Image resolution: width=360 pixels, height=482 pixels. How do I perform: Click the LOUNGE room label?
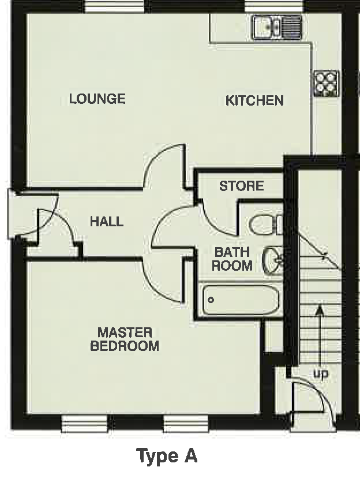click(x=97, y=99)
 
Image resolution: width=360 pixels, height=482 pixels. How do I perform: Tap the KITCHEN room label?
click(x=254, y=100)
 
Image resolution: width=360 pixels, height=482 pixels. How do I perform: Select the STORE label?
click(x=241, y=186)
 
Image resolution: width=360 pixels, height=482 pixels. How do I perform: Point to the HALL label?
click(x=107, y=221)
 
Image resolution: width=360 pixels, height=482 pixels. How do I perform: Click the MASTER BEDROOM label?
click(x=125, y=339)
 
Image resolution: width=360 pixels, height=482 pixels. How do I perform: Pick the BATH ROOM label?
click(x=232, y=259)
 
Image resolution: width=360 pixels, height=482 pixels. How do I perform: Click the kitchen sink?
click(x=277, y=27)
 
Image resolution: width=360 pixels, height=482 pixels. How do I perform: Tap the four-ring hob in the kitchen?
click(x=327, y=83)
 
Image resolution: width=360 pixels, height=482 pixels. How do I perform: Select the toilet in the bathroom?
click(x=267, y=225)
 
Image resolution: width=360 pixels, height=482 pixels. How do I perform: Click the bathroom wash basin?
click(x=273, y=261)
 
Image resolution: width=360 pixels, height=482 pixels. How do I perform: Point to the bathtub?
click(x=241, y=300)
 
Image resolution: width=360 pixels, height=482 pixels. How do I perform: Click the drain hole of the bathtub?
click(x=211, y=300)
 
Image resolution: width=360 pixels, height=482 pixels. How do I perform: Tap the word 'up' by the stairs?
click(x=320, y=374)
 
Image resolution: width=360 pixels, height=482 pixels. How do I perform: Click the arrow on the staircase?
click(x=320, y=334)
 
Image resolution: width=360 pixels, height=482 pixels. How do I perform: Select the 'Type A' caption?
click(x=167, y=456)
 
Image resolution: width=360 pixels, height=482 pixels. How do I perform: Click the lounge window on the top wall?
click(x=115, y=6)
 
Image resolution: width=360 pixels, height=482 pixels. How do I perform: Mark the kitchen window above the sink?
click(x=274, y=6)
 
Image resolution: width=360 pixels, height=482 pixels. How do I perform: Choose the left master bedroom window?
click(x=85, y=424)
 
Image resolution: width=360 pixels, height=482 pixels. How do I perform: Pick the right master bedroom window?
click(x=186, y=424)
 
